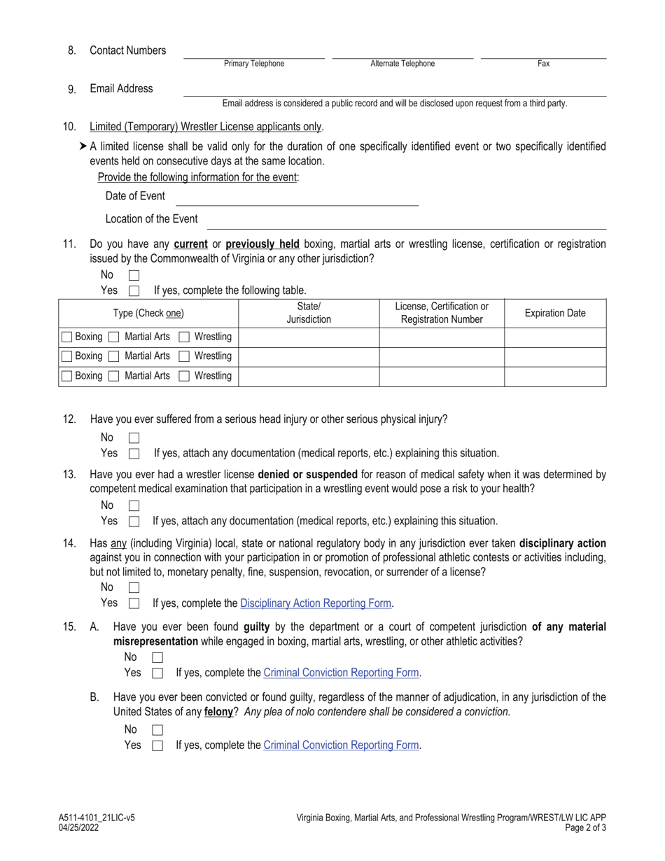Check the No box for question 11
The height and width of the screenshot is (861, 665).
tap(134, 276)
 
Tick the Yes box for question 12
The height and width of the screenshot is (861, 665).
tap(134, 454)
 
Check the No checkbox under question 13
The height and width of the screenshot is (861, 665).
tap(134, 505)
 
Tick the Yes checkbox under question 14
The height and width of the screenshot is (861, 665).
tap(134, 603)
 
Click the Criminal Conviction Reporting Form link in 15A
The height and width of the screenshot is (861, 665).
tap(341, 673)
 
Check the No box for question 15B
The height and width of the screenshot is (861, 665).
tap(157, 730)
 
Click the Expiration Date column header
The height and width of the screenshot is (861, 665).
tap(555, 314)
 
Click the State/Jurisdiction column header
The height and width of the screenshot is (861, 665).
tap(309, 314)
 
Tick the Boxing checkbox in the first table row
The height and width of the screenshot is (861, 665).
tap(66, 337)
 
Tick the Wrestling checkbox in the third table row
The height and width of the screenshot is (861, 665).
tap(185, 376)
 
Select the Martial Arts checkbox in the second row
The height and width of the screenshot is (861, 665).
tap(115, 356)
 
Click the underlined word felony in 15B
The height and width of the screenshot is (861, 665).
tap(218, 712)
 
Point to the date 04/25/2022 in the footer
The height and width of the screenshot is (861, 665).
tap(79, 828)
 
